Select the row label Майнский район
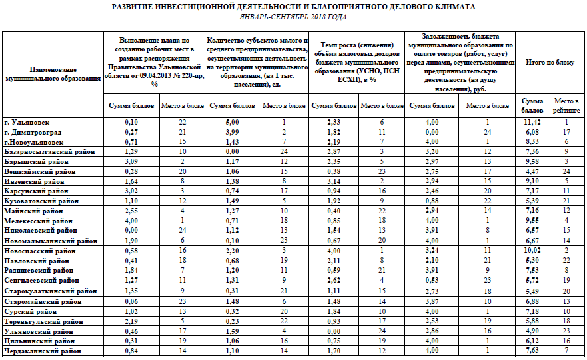[x=31, y=210]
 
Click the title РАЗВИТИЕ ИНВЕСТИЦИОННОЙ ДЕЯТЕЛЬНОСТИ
[x=293, y=7]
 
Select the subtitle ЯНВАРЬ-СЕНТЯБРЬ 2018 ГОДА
[x=293, y=17]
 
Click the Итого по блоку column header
[x=549, y=62]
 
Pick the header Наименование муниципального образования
[x=53, y=74]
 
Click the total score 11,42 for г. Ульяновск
[x=532, y=123]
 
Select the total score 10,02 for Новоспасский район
[x=532, y=249]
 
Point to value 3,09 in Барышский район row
[x=131, y=161]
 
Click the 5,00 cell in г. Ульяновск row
[x=231, y=123]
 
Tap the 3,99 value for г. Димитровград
[x=231, y=132]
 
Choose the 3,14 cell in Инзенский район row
[x=334, y=181]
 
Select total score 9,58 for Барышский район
[x=532, y=161]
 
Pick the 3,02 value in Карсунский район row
[x=131, y=191]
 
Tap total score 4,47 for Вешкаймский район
[x=532, y=171]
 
